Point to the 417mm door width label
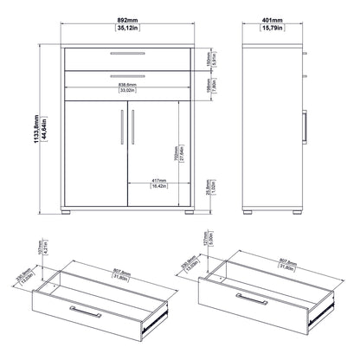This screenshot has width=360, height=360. coord(157,179)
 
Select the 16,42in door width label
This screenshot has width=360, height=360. coord(157,186)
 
